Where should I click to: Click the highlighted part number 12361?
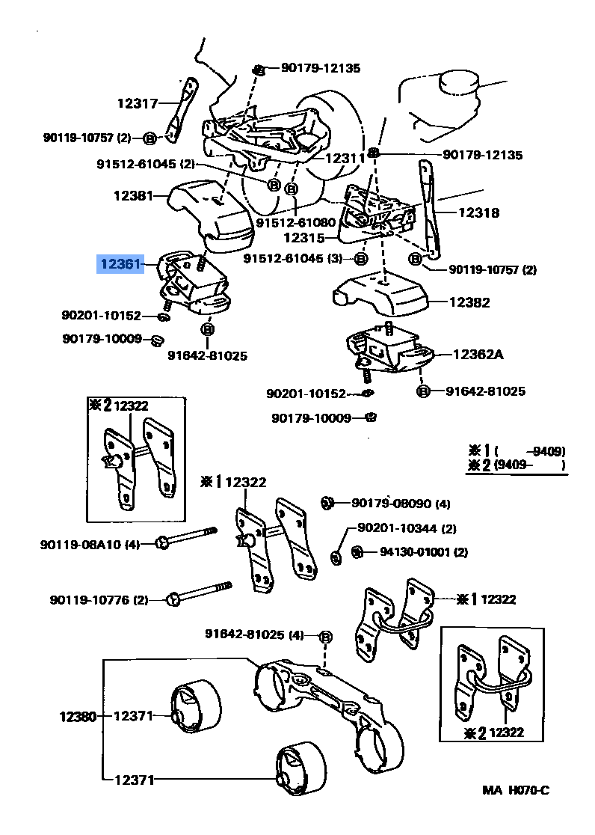pyautogui.click(x=120, y=264)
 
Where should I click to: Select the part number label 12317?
pyautogui.click(x=138, y=104)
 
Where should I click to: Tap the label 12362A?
pyautogui.click(x=477, y=354)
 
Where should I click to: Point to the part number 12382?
pyautogui.click(x=469, y=302)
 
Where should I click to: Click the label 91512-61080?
pyautogui.click(x=295, y=222)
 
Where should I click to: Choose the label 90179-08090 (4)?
pyautogui.click(x=401, y=503)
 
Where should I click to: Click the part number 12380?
pyautogui.click(x=78, y=716)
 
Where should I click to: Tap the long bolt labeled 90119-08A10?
pyautogui.click(x=187, y=537)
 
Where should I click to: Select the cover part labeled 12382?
pyautogui.click(x=381, y=293)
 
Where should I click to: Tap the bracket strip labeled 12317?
pyautogui.click(x=179, y=108)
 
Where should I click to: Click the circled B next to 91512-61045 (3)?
pyautogui.click(x=360, y=259)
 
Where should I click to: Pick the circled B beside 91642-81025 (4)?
pyautogui.click(x=325, y=637)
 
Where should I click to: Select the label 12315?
pyautogui.click(x=303, y=238)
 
